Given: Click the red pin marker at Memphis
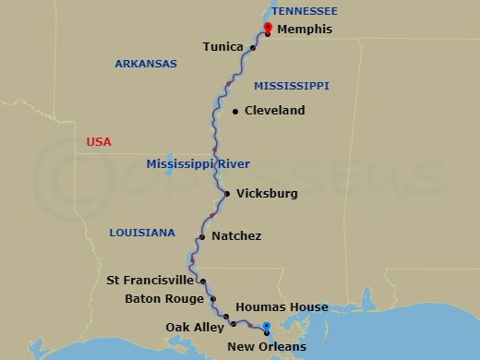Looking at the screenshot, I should [267, 28].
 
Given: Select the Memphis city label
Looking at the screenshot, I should [305, 29].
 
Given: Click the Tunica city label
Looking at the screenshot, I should [222, 46].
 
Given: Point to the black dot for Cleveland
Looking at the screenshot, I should [235, 111].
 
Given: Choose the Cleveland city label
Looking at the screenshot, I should [275, 111].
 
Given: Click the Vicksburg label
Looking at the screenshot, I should [267, 194].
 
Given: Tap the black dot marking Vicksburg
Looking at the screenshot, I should [227, 194].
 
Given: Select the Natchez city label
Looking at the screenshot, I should [236, 236].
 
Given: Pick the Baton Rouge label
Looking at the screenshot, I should [163, 298].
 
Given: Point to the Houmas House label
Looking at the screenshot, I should [282, 307].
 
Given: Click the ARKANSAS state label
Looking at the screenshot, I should [145, 64].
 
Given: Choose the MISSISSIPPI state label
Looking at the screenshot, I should [292, 86].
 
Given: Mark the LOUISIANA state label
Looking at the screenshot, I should [141, 234].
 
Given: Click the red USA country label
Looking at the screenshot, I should [98, 142].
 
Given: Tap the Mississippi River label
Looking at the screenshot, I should [198, 164].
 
